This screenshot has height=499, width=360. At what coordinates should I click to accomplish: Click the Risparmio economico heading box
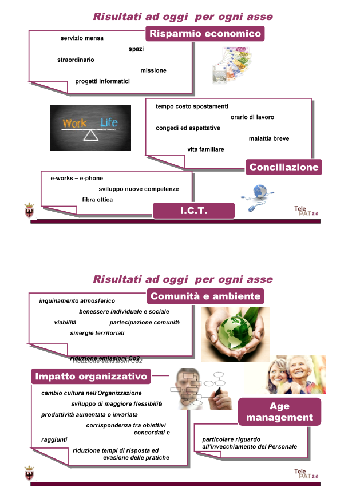point(205,34)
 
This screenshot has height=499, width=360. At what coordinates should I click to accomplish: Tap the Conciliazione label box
point(284,167)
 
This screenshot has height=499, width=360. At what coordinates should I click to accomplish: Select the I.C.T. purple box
point(193,211)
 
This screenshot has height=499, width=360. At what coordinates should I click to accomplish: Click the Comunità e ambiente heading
point(205,296)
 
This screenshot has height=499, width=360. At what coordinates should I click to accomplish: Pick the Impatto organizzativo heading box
point(92,376)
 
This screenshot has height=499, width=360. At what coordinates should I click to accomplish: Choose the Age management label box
point(279,411)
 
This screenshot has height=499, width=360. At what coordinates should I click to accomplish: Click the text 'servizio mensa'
point(82,38)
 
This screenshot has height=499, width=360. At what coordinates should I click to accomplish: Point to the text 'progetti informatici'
point(102,81)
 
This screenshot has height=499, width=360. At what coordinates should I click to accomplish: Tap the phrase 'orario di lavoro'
point(252,117)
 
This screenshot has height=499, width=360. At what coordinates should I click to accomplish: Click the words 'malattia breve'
point(269,138)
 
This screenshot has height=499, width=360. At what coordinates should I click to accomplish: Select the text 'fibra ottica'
point(97,200)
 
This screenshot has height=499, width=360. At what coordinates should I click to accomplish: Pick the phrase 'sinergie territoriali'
point(97,333)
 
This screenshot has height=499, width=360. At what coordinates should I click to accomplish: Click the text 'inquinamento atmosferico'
point(77,301)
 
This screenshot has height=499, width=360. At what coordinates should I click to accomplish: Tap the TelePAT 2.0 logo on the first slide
point(306,211)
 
